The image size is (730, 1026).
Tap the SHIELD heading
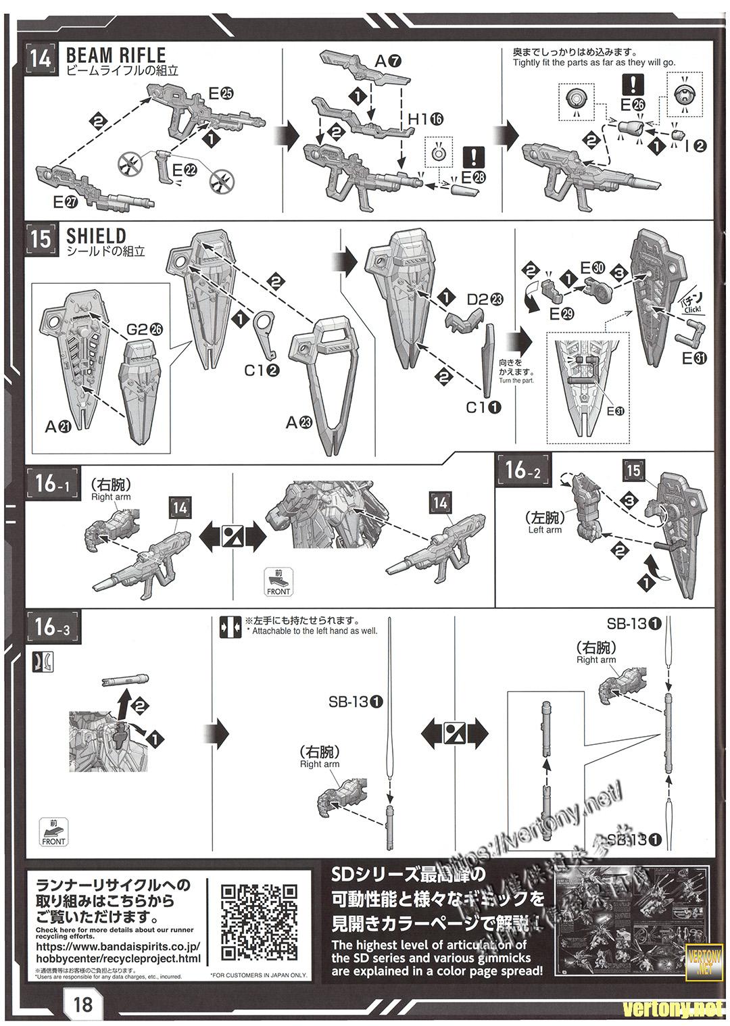click(x=96, y=236)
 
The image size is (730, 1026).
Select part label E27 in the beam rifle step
click(x=68, y=201)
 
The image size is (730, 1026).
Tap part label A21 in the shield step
click(x=59, y=426)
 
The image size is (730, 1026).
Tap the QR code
click(x=260, y=921)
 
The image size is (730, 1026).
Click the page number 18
click(x=83, y=1004)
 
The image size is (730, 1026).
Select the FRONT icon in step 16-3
click(x=53, y=832)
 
